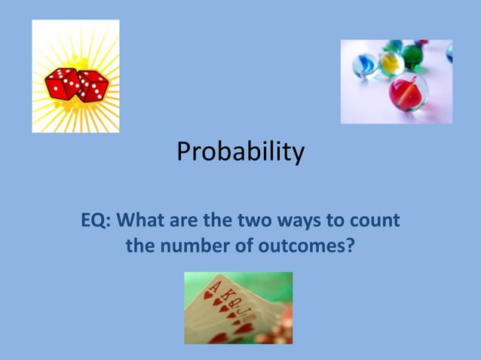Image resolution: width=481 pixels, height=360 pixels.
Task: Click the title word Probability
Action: click(240, 154)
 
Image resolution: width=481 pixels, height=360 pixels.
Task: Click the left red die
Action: click(62, 84)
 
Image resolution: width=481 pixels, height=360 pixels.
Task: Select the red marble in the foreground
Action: click(407, 92)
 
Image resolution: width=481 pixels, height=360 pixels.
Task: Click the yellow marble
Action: click(391, 63)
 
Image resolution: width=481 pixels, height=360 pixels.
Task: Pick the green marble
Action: click(412, 55)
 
